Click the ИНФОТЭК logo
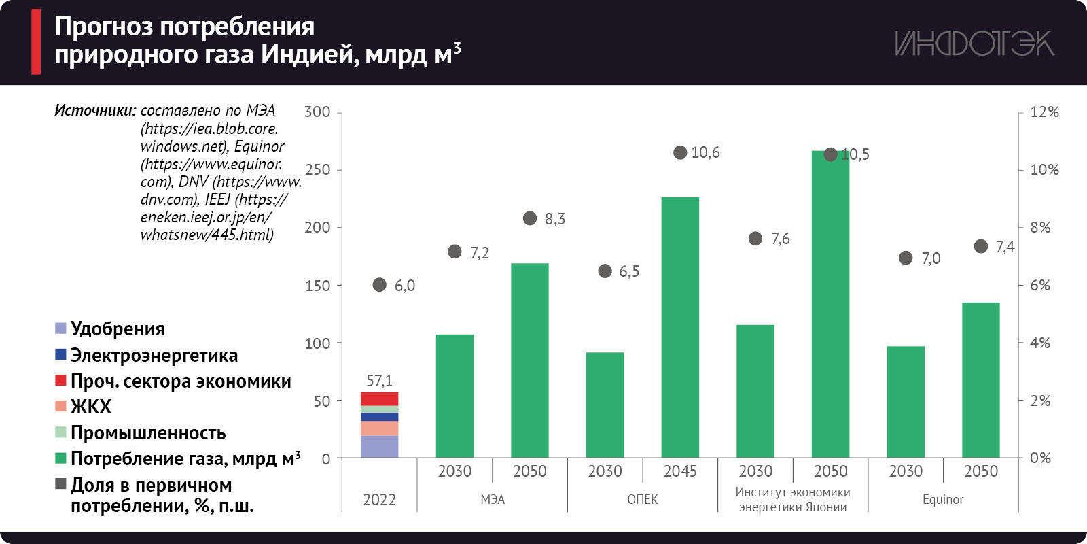[974, 44]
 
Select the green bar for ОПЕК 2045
[680, 326]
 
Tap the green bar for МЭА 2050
[530, 360]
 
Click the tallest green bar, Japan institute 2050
[830, 306]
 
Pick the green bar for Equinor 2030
[906, 401]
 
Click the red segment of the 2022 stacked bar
[379, 398]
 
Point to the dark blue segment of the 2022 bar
[379, 417]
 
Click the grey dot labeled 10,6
[680, 152]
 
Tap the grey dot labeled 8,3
[530, 218]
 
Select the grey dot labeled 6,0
[380, 285]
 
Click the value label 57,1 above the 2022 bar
[379, 381]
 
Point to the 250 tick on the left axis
[318, 170]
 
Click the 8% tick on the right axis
[1040, 227]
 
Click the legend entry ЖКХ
[90, 407]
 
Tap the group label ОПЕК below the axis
[642, 500]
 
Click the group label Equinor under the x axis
[943, 500]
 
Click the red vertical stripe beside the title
[36, 41]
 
